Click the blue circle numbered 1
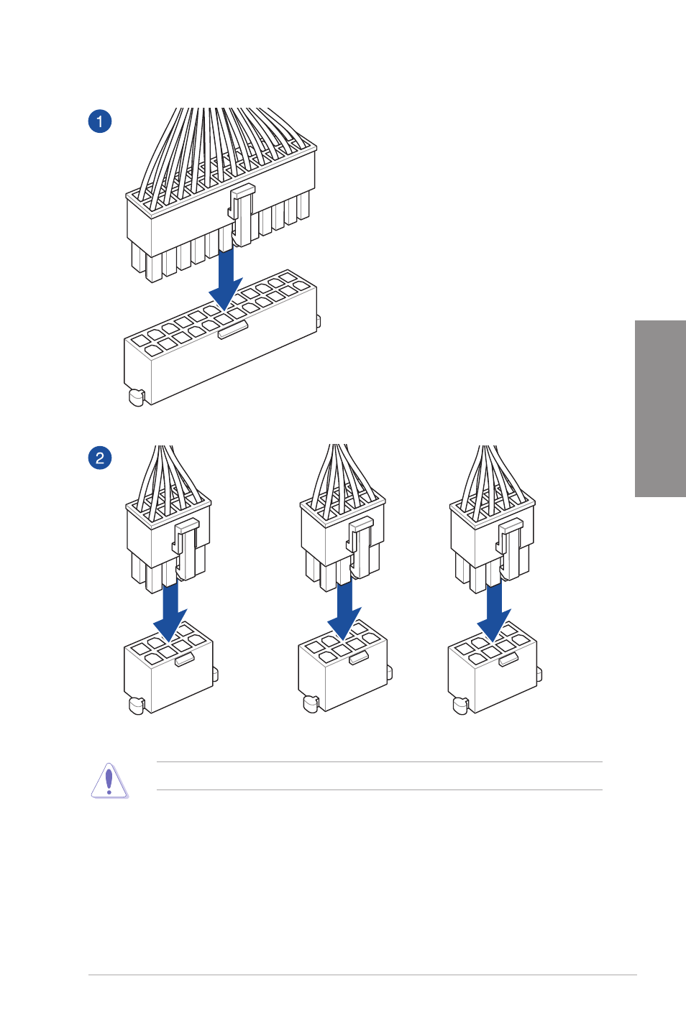coord(100,121)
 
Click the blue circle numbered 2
coord(100,458)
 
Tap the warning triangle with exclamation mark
coord(109,780)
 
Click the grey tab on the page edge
coord(660,408)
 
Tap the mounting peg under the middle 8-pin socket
coord(311,703)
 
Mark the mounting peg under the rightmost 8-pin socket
coord(460,705)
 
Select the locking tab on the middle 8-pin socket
coord(359,657)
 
